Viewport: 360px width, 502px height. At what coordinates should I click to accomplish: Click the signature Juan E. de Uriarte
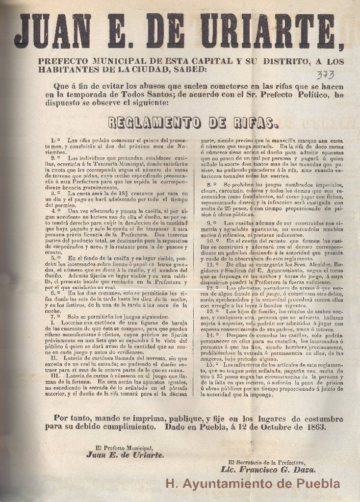click(125, 454)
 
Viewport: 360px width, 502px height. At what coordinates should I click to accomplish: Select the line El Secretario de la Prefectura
click(267, 462)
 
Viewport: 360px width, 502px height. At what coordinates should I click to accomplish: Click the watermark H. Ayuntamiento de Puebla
click(253, 484)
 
